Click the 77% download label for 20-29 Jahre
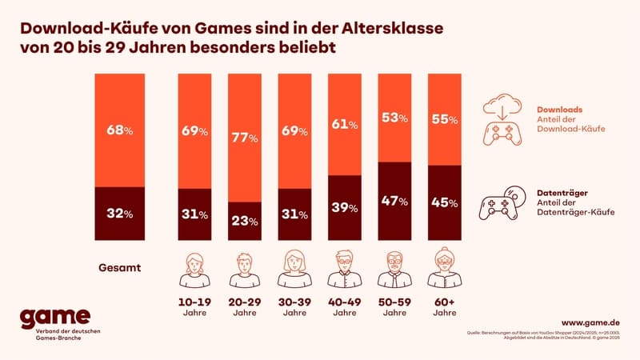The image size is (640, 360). tap(243, 138)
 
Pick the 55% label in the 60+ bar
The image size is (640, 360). tap(444, 119)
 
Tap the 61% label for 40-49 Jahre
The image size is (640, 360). tap(343, 123)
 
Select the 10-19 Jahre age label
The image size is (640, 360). tap(193, 308)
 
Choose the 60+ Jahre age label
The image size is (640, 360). tap(444, 308)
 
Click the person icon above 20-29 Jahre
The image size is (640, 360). tap(243, 270)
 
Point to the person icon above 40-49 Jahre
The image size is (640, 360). tap(343, 270)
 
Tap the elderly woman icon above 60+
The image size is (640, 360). tap(444, 270)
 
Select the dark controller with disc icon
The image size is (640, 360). tap(501, 203)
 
